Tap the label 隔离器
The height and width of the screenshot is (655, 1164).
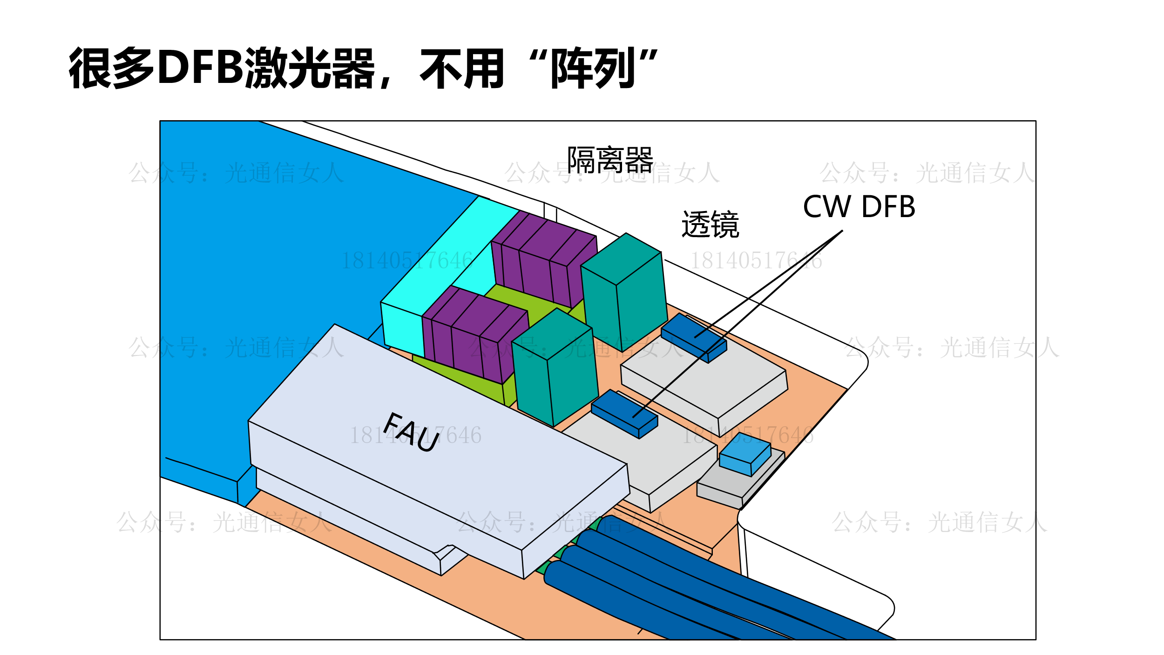(x=610, y=160)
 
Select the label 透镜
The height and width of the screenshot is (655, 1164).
(x=710, y=225)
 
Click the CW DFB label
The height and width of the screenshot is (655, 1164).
(x=859, y=207)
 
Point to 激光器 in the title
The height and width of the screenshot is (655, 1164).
(x=310, y=68)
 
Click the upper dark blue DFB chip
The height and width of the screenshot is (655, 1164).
(x=693, y=337)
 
